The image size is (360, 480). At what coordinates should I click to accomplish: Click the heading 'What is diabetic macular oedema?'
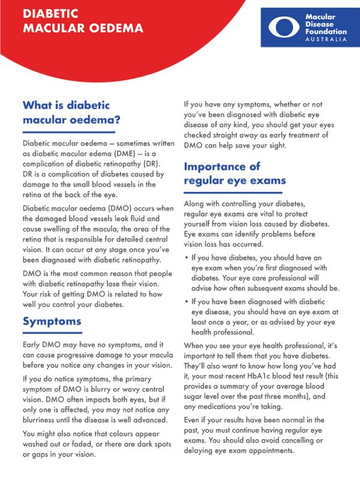click(x=71, y=112)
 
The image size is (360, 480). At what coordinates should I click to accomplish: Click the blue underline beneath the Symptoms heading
click(x=52, y=333)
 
